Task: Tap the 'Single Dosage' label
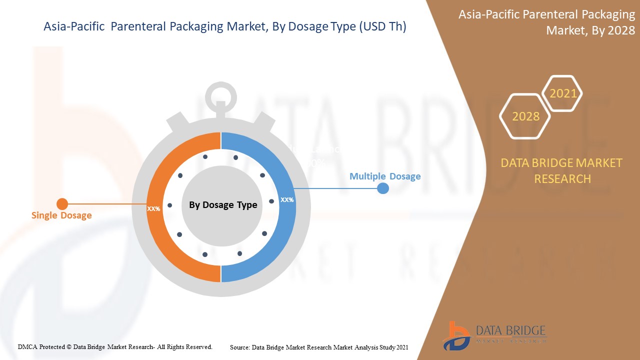(x=61, y=215)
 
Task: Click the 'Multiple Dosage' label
(x=385, y=176)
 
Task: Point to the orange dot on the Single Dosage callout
(x=62, y=204)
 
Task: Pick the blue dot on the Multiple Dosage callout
(x=382, y=188)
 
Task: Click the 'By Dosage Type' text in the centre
(x=223, y=205)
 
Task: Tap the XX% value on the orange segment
(x=153, y=208)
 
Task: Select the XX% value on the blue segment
(x=287, y=199)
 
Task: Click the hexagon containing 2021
(x=563, y=93)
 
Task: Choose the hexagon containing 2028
(x=525, y=116)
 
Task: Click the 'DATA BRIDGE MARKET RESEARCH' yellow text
(x=562, y=170)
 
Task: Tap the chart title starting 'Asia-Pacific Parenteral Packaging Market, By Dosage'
(x=225, y=27)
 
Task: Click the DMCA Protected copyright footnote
(x=115, y=346)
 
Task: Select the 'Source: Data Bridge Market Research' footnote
(x=319, y=346)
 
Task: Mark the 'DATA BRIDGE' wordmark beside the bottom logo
(x=510, y=331)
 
